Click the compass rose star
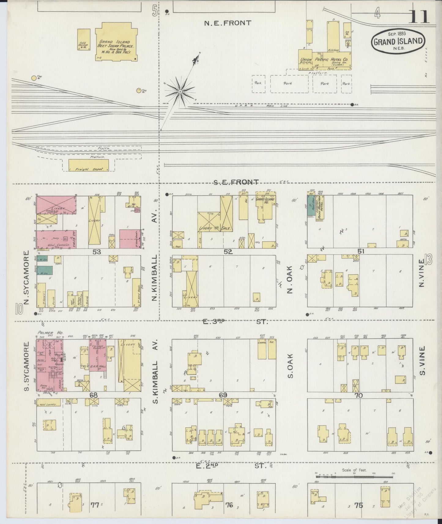coord(180,91)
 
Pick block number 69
coord(223,395)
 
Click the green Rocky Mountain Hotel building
coord(310,205)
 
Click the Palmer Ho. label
coord(46,333)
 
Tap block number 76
coord(229,505)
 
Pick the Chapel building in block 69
coord(262,349)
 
